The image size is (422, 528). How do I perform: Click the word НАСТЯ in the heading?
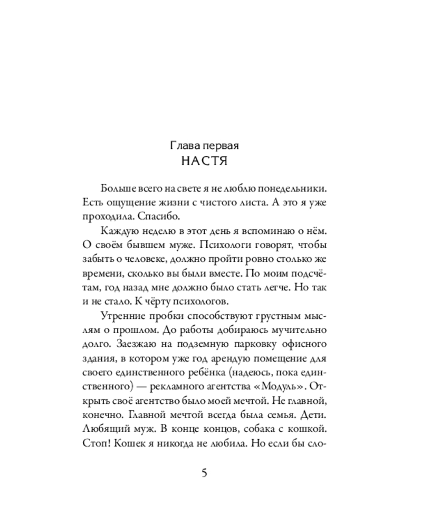204,162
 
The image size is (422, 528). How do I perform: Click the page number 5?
204,472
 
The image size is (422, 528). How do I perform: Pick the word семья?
276,416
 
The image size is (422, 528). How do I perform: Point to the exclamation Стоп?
97,445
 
